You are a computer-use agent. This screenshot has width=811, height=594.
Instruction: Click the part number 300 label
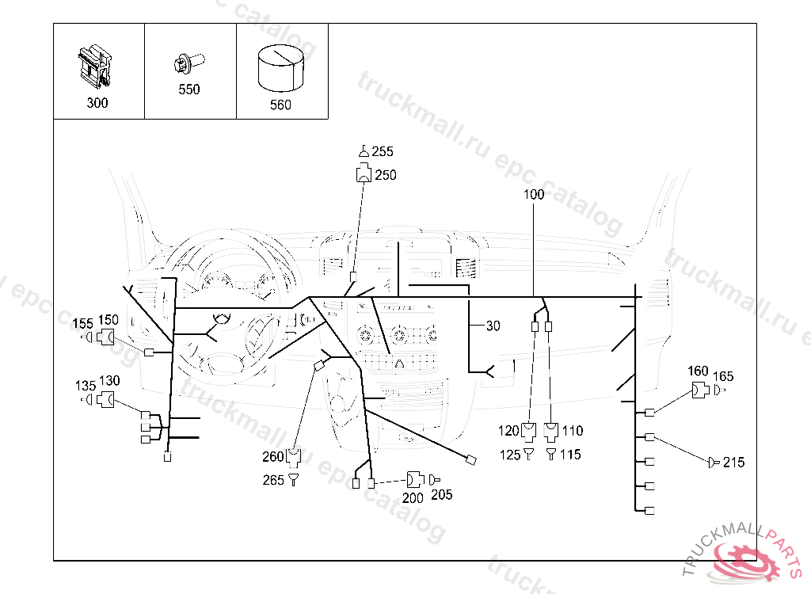click(x=97, y=103)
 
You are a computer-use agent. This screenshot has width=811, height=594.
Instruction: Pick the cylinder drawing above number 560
click(x=280, y=68)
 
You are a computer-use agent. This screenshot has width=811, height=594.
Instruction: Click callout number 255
click(x=383, y=152)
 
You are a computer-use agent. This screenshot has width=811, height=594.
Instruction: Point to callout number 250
click(x=386, y=175)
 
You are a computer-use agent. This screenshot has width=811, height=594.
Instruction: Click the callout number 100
click(x=533, y=195)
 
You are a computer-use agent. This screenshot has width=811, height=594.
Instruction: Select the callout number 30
click(x=493, y=326)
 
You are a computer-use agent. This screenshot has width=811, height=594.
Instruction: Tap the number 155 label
click(x=83, y=323)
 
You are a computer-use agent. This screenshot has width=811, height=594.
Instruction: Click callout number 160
click(x=698, y=371)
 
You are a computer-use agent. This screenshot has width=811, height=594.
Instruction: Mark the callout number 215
click(x=734, y=463)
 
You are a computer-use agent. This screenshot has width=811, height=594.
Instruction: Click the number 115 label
click(x=570, y=455)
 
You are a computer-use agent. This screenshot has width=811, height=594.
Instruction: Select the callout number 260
click(x=273, y=456)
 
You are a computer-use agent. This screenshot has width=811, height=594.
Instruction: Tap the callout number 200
click(x=413, y=498)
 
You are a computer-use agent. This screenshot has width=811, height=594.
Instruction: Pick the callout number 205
click(x=443, y=495)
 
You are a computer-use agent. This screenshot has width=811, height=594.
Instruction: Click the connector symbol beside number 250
click(x=364, y=175)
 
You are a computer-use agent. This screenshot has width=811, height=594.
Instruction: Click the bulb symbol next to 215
click(x=714, y=462)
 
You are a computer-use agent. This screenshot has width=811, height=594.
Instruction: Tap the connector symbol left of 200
click(x=415, y=480)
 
